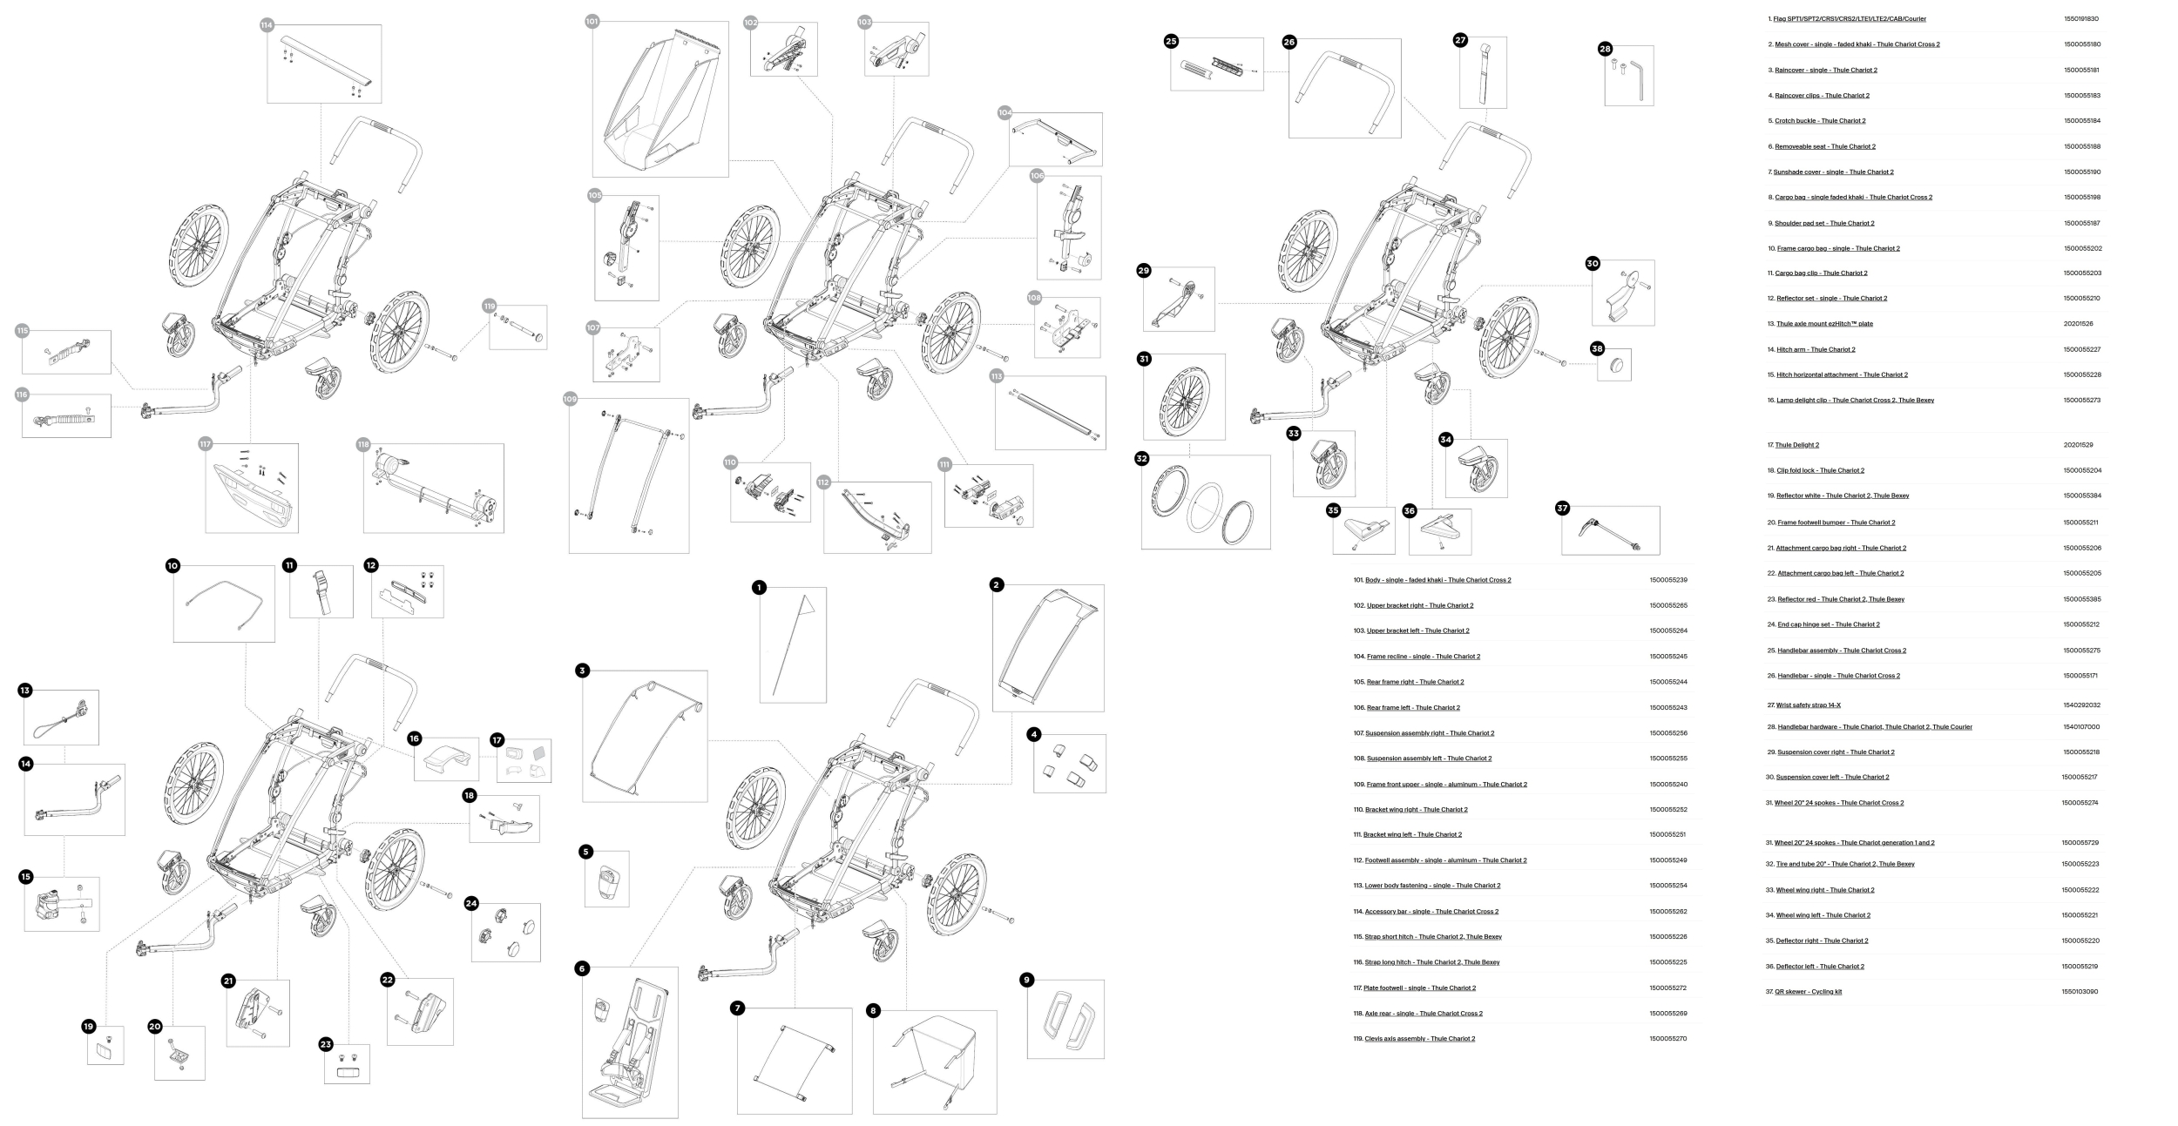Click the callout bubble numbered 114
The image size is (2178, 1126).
267,25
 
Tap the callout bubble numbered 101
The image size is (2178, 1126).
592,21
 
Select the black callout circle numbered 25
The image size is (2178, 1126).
1171,41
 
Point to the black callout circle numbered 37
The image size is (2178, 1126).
1562,509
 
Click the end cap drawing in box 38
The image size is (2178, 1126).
1614,365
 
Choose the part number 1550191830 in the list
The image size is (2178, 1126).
2080,19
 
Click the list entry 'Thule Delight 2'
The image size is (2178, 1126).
1796,445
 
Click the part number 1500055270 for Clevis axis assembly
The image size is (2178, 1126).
1667,1039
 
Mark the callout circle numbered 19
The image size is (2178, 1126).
88,1027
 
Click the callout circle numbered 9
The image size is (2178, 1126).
1026,980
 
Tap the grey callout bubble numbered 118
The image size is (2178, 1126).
363,445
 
